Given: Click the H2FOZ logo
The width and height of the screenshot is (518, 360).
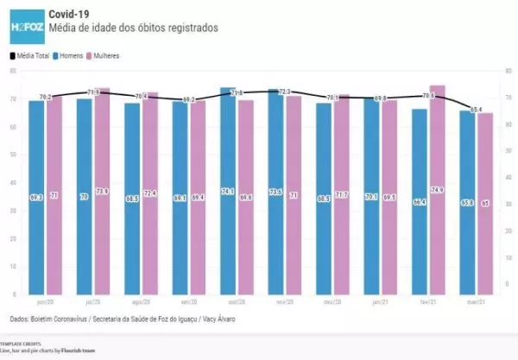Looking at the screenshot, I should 26,26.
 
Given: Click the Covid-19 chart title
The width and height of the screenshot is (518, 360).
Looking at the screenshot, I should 70,14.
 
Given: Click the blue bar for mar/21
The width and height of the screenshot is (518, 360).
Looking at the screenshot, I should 466,202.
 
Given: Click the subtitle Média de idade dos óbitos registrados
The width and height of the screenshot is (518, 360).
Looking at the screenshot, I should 121,28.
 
